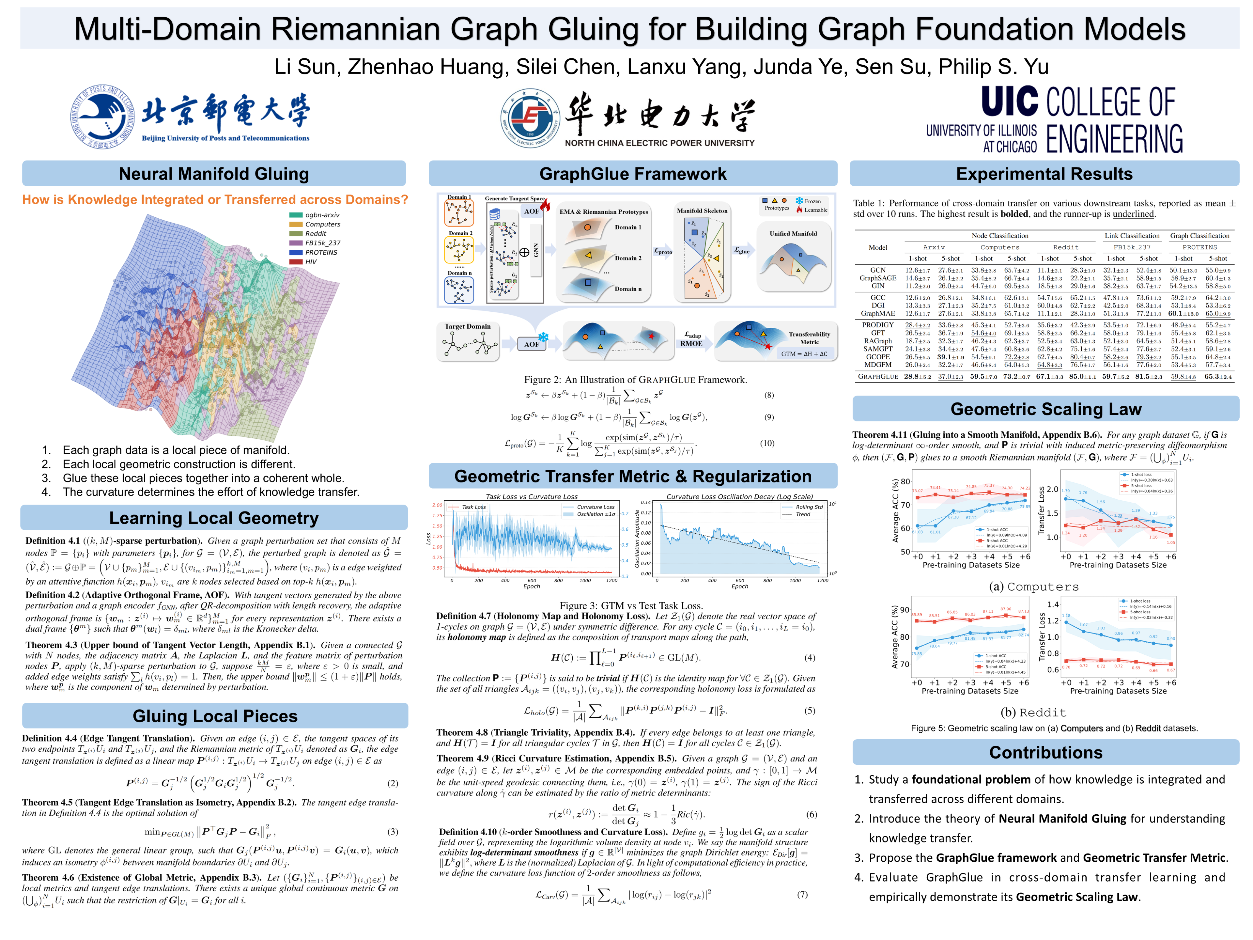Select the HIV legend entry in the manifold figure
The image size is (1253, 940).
coord(310,262)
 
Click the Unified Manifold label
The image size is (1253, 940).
coord(793,233)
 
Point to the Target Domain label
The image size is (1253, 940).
coord(467,326)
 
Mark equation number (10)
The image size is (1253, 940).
coord(767,443)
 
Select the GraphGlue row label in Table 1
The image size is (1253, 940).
coord(877,377)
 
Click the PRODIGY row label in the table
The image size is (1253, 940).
coord(877,325)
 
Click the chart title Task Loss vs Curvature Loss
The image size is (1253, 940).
coord(531,497)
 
